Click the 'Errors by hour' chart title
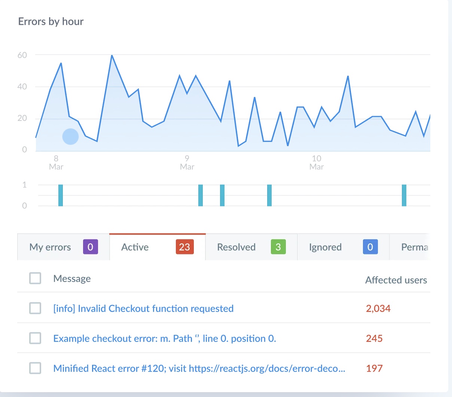(51, 22)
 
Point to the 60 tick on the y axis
(22, 55)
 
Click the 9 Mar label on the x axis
(187, 163)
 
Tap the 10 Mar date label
(317, 163)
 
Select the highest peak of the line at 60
(112, 55)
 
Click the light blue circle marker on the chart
(70, 137)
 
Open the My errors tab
(50, 247)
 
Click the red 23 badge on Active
(184, 247)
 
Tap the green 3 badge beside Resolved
(278, 247)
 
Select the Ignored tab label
(325, 247)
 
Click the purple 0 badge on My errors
(90, 247)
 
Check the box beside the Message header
(35, 278)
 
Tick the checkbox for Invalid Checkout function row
(35, 308)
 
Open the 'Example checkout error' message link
(165, 339)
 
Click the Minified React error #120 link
(199, 369)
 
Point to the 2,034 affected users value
(378, 309)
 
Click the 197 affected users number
(374, 369)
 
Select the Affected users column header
(396, 280)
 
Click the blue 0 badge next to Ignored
(370, 247)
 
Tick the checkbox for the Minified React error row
(35, 368)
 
